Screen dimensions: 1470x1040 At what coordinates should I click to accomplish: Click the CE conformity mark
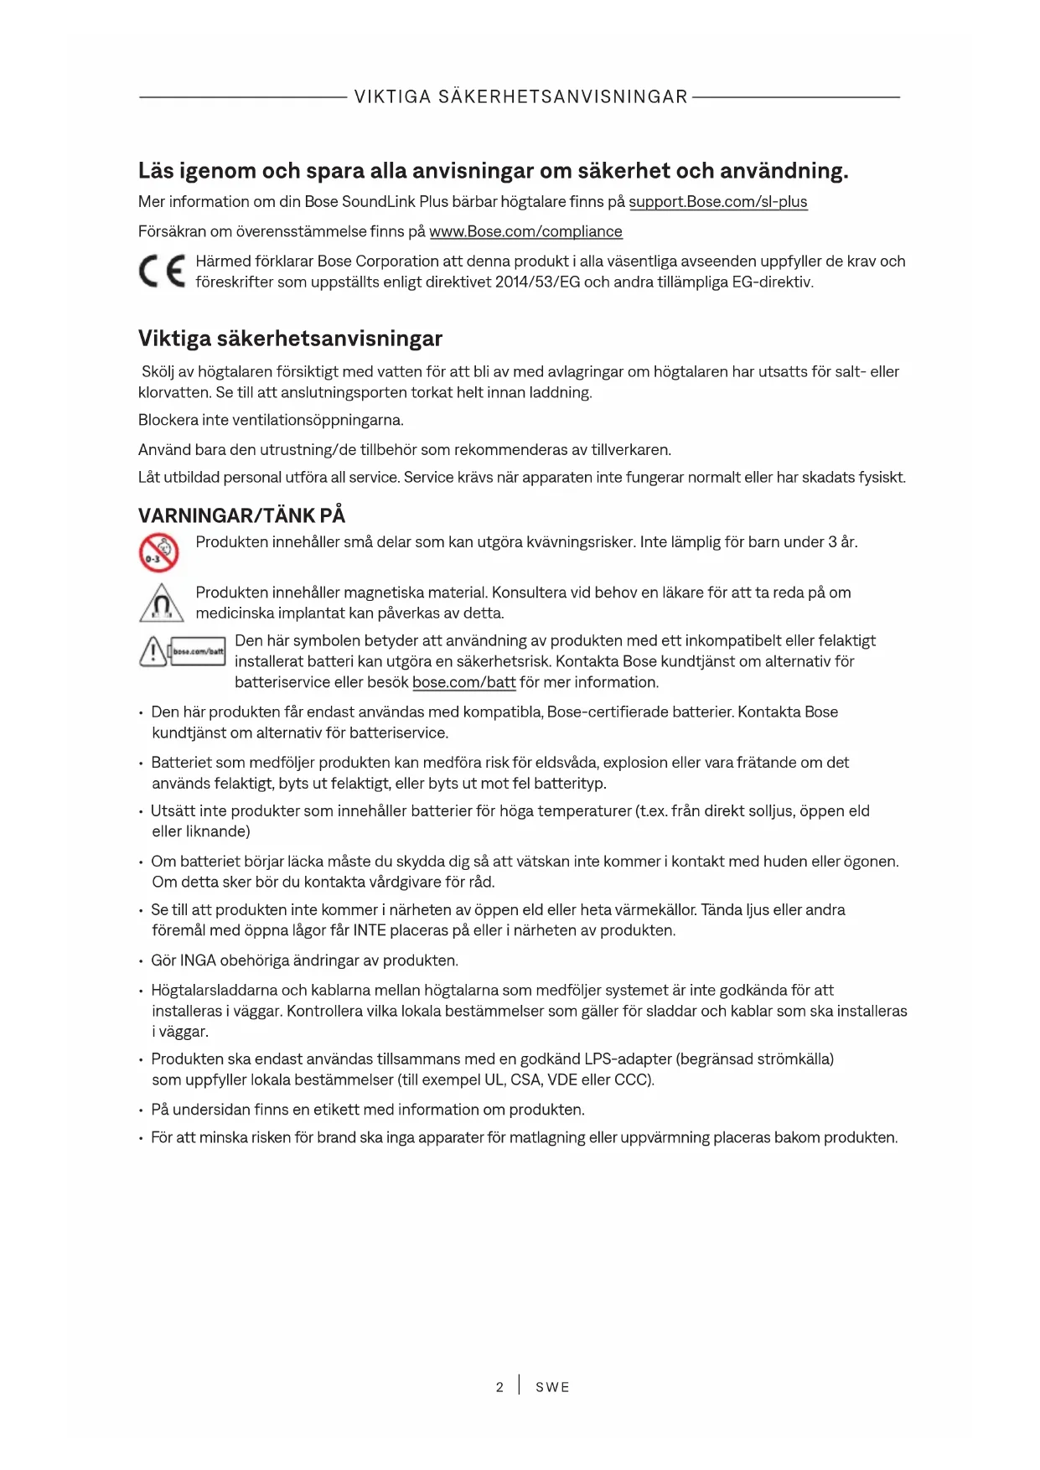pos(162,271)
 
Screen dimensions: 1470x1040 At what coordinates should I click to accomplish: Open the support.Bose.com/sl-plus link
pos(717,202)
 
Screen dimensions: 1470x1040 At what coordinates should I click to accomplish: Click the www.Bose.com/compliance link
pos(525,231)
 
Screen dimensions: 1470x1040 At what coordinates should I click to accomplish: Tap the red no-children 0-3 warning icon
pos(158,553)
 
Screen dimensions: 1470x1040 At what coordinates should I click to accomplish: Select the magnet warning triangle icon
pos(162,603)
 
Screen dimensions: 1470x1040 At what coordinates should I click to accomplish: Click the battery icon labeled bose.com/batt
pos(198,651)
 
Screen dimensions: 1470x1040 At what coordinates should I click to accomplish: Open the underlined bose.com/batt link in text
pos(463,682)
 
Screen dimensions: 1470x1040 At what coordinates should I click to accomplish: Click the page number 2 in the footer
pos(499,1387)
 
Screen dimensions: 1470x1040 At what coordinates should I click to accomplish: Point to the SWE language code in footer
pos(552,1387)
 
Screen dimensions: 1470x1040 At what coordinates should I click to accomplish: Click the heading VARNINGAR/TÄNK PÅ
pos(241,515)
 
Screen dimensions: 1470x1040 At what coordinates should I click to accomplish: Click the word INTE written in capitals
pos(370,930)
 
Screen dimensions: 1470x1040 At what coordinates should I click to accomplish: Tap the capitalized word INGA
pos(198,960)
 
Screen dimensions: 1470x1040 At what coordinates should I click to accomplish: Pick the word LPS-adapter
pos(628,1059)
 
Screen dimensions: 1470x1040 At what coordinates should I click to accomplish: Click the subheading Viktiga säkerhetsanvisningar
pos(290,339)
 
